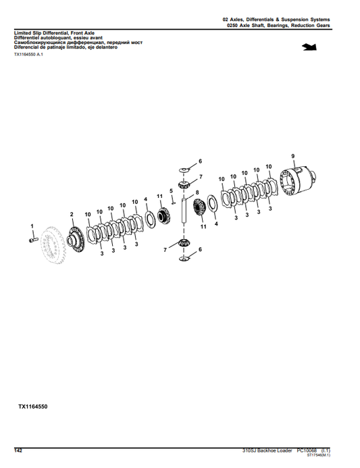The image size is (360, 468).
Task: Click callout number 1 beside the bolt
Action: pos(30,225)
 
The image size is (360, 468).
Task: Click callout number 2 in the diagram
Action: pos(72,214)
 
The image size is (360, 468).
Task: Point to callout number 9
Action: pos(292,157)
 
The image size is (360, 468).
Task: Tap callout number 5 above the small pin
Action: pos(172,191)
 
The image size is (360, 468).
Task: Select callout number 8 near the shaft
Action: pos(197,193)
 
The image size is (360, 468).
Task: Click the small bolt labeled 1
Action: pos(33,238)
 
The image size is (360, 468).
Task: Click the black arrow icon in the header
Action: pos(311,47)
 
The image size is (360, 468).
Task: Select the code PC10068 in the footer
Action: pos(307,450)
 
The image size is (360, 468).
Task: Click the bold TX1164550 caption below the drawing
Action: pos(32,407)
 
